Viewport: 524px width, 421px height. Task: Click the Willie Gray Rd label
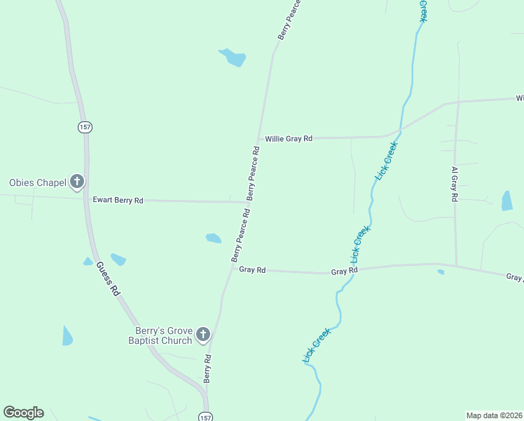289,139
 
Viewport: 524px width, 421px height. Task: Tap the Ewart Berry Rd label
118,201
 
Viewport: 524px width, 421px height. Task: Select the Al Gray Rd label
455,185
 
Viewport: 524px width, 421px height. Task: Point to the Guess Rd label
109,278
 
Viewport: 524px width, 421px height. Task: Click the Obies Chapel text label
37,182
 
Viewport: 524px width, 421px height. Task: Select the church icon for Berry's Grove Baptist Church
203,335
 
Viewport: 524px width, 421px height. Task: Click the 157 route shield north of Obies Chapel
85,127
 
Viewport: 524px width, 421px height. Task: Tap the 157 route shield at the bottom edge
203,416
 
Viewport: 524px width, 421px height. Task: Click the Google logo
23,413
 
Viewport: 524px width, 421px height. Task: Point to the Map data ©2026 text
495,415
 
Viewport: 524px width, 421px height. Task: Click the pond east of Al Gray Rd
506,201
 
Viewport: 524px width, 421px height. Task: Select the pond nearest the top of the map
233,57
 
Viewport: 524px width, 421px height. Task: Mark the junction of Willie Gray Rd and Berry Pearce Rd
258,139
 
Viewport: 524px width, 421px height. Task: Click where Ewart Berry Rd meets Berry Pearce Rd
246,202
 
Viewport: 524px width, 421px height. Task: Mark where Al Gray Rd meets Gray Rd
457,266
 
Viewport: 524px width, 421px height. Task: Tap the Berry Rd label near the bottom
207,368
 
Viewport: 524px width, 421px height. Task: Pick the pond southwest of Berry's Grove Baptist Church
67,336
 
